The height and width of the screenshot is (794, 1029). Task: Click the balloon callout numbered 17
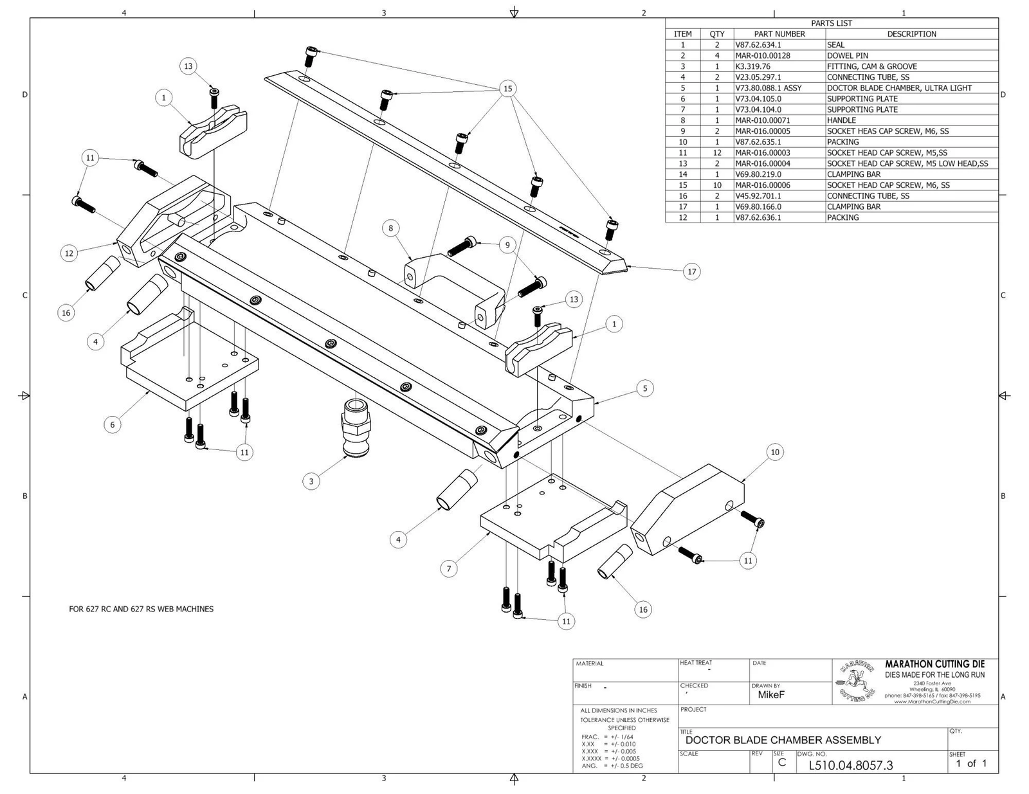pos(692,271)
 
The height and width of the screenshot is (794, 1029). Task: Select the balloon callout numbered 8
pos(390,228)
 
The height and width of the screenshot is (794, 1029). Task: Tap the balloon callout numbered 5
pos(645,388)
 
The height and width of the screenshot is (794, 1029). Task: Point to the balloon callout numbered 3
pos(311,481)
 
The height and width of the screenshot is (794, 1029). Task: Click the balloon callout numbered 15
pos(508,89)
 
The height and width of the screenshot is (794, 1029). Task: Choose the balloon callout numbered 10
pos(775,452)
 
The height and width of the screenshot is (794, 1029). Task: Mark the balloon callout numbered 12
pos(69,253)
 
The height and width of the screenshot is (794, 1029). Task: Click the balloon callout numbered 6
pos(113,424)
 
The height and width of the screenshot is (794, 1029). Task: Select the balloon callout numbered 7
pos(449,568)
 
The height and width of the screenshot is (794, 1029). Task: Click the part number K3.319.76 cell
pos(752,66)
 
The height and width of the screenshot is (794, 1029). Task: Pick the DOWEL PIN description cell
pos(847,55)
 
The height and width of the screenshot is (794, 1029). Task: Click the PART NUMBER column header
pos(779,34)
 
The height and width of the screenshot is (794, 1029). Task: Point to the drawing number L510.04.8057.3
pos(850,765)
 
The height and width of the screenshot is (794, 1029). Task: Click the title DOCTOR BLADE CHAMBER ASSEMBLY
pos(783,740)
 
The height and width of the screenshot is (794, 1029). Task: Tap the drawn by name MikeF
pos(771,695)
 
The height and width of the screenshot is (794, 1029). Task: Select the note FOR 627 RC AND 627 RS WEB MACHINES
pos(141,609)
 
